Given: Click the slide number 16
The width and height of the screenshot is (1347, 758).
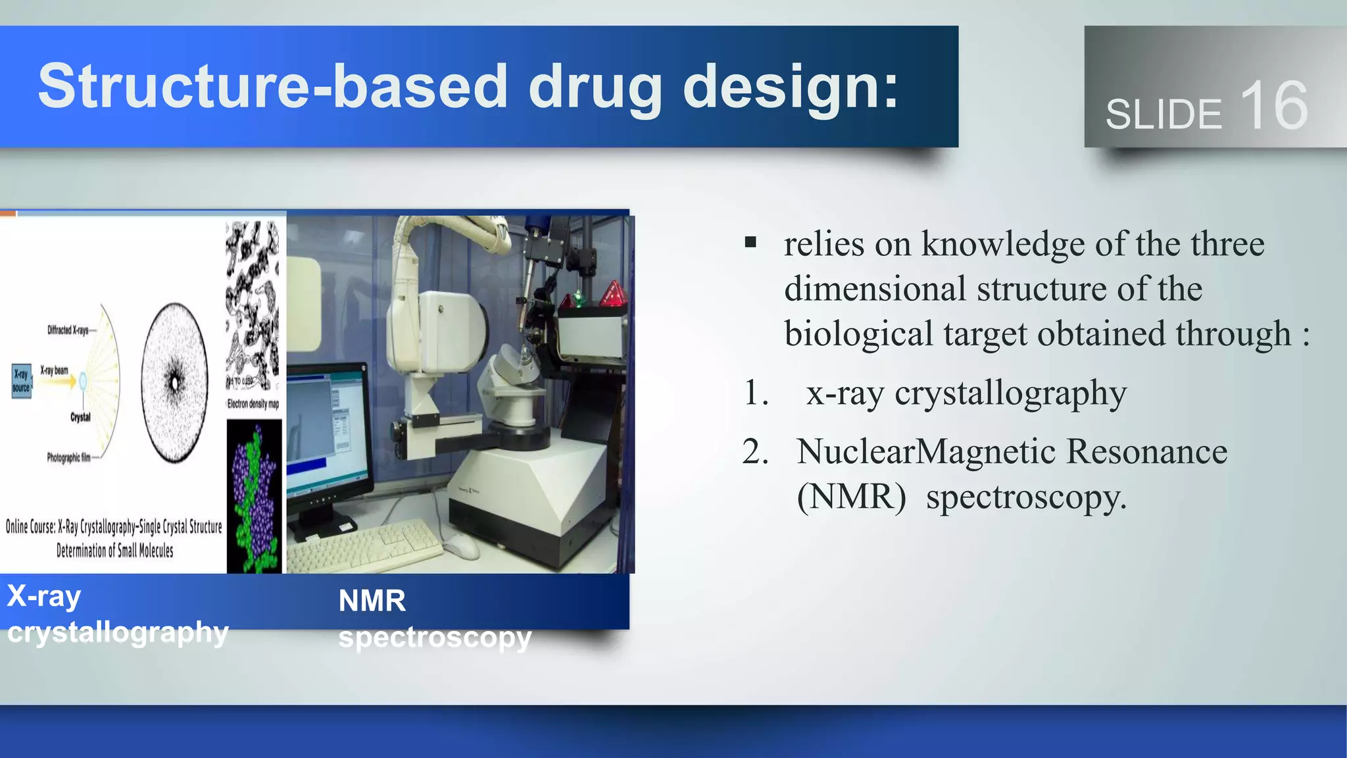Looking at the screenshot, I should (x=1273, y=106).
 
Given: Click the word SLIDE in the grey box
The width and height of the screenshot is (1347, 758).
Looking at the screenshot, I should (x=1163, y=114).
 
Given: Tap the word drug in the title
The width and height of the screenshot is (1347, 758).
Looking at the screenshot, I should (x=595, y=88).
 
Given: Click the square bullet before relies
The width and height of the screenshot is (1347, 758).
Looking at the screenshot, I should (x=750, y=243).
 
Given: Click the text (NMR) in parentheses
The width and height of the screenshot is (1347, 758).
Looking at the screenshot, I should (x=851, y=497).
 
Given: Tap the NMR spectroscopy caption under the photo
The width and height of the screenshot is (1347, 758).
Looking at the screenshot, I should (x=434, y=619).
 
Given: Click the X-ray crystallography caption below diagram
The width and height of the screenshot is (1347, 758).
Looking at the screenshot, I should (x=117, y=614).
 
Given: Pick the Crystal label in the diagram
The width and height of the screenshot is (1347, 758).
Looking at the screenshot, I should (x=80, y=417).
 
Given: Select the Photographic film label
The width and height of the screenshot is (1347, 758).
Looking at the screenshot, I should (x=68, y=457).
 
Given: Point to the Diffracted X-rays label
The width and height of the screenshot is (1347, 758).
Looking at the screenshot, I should (x=68, y=330).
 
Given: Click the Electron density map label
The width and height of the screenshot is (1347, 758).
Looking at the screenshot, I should (x=253, y=403).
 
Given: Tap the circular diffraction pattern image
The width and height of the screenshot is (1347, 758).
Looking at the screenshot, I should (x=175, y=382).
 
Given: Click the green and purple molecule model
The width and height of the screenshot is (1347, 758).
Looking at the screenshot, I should (x=255, y=497).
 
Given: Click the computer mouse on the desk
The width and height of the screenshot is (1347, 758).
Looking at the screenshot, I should (x=462, y=545).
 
